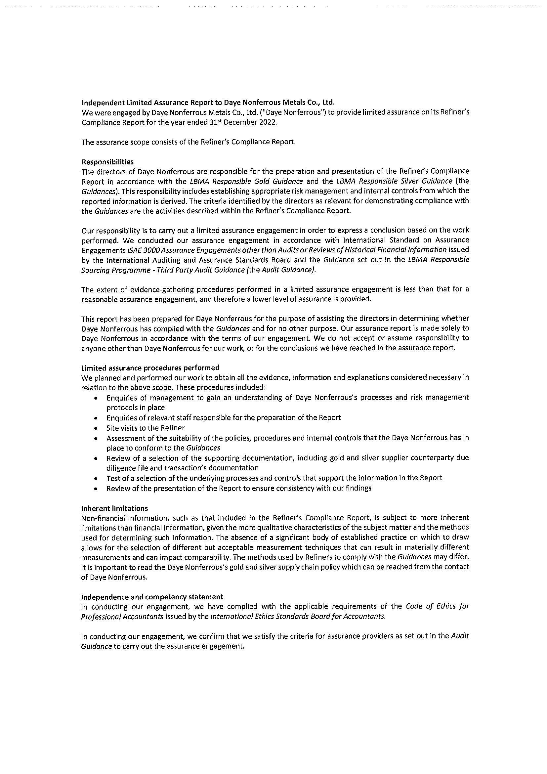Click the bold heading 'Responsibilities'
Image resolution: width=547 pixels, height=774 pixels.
coord(107,162)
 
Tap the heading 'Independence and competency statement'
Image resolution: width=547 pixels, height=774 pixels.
coord(152,597)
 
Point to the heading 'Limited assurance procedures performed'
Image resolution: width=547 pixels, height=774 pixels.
coord(150,367)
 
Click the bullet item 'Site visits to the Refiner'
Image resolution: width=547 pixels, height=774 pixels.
coord(146,428)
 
